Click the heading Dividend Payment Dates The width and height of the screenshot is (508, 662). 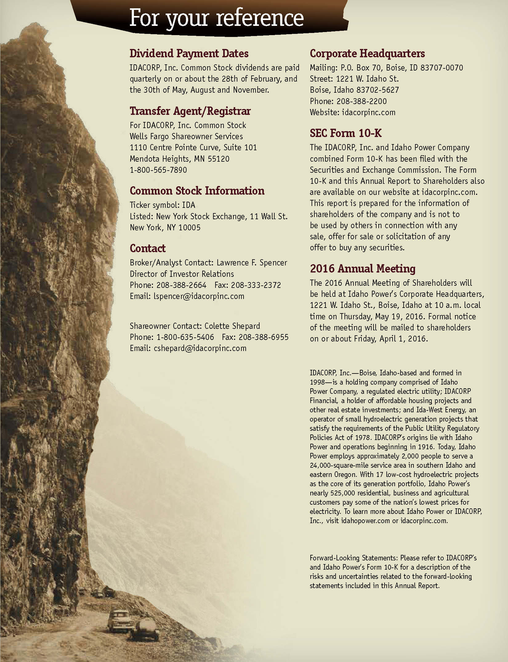189,53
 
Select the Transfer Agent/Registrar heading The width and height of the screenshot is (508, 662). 190,111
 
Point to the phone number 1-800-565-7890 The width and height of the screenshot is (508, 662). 158,170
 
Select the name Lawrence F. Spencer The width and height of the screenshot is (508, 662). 252,263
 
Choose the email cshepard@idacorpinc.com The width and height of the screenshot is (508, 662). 200,348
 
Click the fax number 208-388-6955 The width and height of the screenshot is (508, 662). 264,337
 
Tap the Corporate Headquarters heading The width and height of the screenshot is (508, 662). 367,53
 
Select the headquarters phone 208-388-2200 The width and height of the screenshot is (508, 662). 361,101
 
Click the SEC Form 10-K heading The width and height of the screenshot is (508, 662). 346,133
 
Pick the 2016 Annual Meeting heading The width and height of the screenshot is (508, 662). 362,268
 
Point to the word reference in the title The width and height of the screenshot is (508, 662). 260,18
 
